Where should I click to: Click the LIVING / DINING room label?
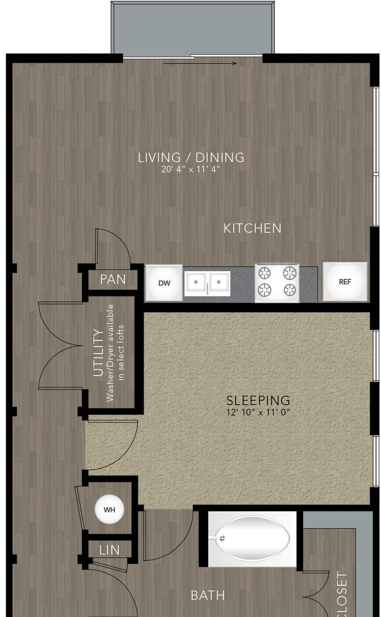[x=191, y=157]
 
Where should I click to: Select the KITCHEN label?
[x=252, y=228]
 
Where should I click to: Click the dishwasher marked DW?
[x=164, y=283]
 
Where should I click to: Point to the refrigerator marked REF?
[x=345, y=282]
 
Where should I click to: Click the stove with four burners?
[x=277, y=283]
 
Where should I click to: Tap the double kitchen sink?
[x=207, y=282]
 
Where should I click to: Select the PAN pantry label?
[x=113, y=279]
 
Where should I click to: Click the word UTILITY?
[x=98, y=353]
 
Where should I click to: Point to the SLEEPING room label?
[x=258, y=400]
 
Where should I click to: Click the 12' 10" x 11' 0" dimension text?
[x=258, y=412]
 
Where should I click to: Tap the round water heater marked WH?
[x=109, y=510]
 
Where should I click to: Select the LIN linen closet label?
[x=110, y=549]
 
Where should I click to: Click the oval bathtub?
[x=252, y=538]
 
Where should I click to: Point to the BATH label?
[x=207, y=595]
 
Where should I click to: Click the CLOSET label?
[x=342, y=594]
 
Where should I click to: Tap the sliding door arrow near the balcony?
[x=200, y=63]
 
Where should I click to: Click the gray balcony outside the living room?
[x=192, y=28]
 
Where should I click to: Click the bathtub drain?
[x=223, y=538]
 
